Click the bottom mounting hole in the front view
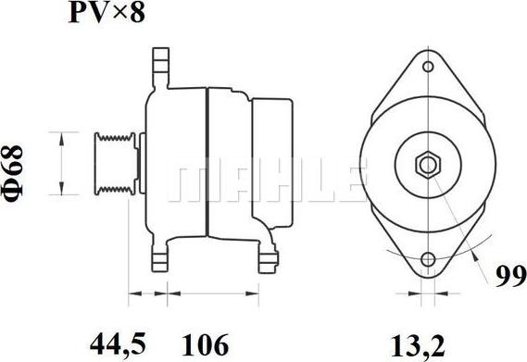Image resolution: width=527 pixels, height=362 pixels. [x=427, y=261]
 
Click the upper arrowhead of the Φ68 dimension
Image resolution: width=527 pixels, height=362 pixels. [x=62, y=136]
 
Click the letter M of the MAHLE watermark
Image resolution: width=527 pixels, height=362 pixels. [x=190, y=182]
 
